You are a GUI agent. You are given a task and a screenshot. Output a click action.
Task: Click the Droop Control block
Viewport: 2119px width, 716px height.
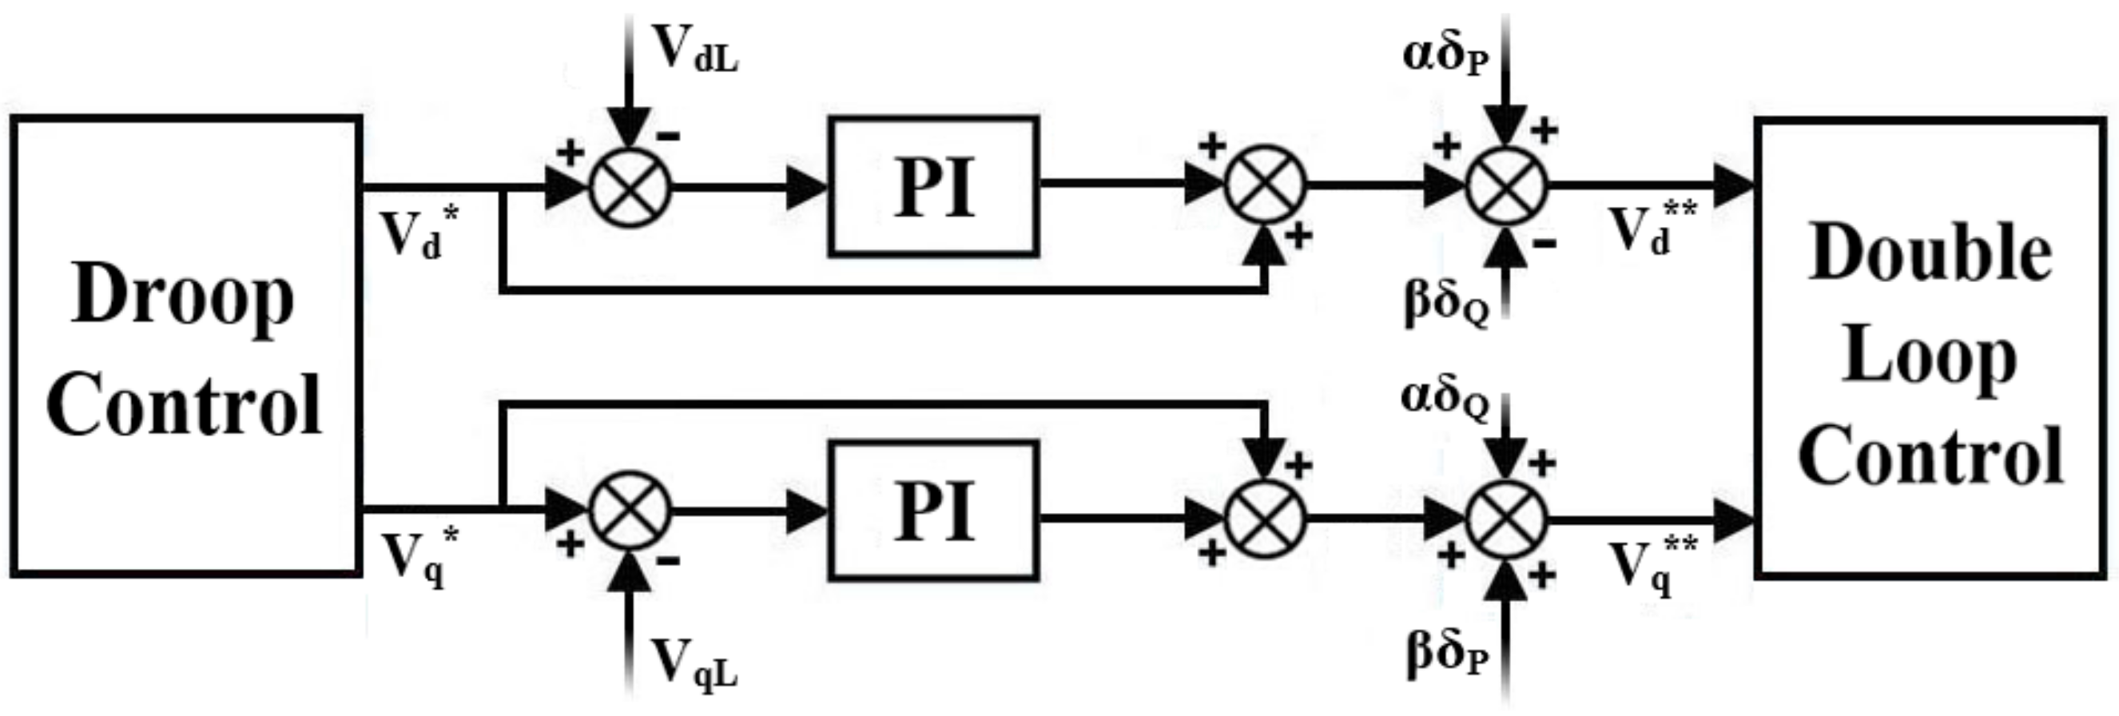click(186, 346)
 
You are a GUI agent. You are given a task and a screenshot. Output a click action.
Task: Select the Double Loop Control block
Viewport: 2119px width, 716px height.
click(1930, 348)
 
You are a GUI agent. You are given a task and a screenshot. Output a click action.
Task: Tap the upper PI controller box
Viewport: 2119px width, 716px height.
click(933, 188)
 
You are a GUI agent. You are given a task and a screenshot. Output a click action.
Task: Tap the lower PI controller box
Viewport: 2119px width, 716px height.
click(933, 511)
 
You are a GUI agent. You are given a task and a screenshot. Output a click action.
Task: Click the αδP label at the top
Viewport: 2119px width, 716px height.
click(1445, 56)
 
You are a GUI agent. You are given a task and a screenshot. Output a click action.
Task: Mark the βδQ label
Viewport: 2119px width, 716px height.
click(1446, 302)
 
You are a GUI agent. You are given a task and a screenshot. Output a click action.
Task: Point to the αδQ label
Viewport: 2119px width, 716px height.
click(1445, 399)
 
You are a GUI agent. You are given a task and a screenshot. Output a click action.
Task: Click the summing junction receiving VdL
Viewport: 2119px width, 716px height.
click(631, 186)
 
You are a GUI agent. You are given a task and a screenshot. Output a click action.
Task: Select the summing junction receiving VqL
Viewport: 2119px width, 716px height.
click(631, 511)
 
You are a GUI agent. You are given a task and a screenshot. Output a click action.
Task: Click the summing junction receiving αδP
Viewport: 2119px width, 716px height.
click(1506, 186)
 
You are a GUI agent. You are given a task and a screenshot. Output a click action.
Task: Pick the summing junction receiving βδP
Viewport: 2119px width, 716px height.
click(1506, 520)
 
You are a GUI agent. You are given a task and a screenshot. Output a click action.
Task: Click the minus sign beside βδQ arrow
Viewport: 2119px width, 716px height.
click(1544, 243)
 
